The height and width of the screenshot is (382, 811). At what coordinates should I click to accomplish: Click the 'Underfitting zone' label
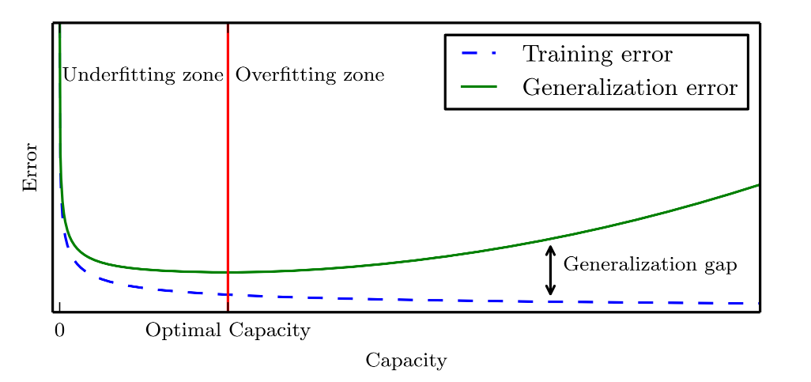point(142,76)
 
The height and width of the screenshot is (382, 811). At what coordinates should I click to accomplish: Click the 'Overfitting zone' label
point(310,76)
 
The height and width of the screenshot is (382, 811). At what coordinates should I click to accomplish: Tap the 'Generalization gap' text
point(650,265)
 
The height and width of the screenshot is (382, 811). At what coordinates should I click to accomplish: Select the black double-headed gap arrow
point(551,270)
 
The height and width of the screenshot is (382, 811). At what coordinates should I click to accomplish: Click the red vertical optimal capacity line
point(228,158)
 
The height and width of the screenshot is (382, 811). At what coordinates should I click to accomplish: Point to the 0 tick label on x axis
point(59,331)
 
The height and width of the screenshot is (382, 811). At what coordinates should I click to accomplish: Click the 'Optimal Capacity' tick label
point(228,331)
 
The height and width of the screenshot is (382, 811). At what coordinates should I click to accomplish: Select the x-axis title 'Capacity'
point(406,361)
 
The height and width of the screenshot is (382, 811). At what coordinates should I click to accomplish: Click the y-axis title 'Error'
point(30,167)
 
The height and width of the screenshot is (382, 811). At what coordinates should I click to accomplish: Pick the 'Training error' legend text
point(597,55)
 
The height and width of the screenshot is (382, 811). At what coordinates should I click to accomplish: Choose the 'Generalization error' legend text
point(629,87)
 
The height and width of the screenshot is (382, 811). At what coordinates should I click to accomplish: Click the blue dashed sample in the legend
point(479,54)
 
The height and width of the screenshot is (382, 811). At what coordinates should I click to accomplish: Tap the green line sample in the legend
point(479,86)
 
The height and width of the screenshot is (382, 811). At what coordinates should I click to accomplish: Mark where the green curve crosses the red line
point(228,272)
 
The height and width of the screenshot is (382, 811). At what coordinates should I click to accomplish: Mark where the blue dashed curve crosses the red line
point(228,295)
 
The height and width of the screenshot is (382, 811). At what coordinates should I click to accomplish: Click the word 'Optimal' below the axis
point(184,331)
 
